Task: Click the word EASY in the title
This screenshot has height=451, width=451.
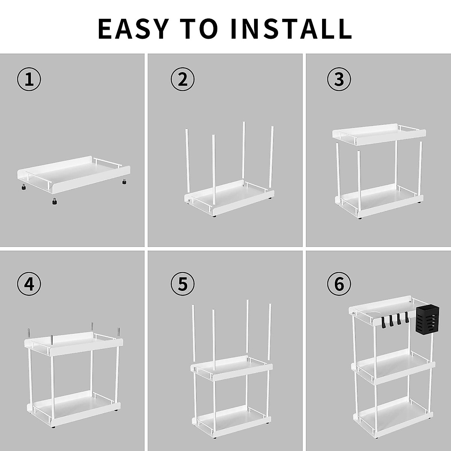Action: click(x=133, y=29)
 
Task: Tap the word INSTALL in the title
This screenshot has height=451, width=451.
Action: click(x=291, y=29)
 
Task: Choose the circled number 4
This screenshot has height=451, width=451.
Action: click(x=29, y=284)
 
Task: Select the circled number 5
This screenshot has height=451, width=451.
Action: click(x=183, y=284)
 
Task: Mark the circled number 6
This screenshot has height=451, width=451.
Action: click(x=339, y=284)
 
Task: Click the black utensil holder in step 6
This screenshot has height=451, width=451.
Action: click(x=427, y=321)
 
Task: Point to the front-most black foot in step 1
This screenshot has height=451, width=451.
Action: click(x=54, y=202)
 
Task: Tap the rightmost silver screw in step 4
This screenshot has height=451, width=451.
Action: click(x=118, y=332)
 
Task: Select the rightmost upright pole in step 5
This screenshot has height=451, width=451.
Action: click(x=269, y=335)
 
